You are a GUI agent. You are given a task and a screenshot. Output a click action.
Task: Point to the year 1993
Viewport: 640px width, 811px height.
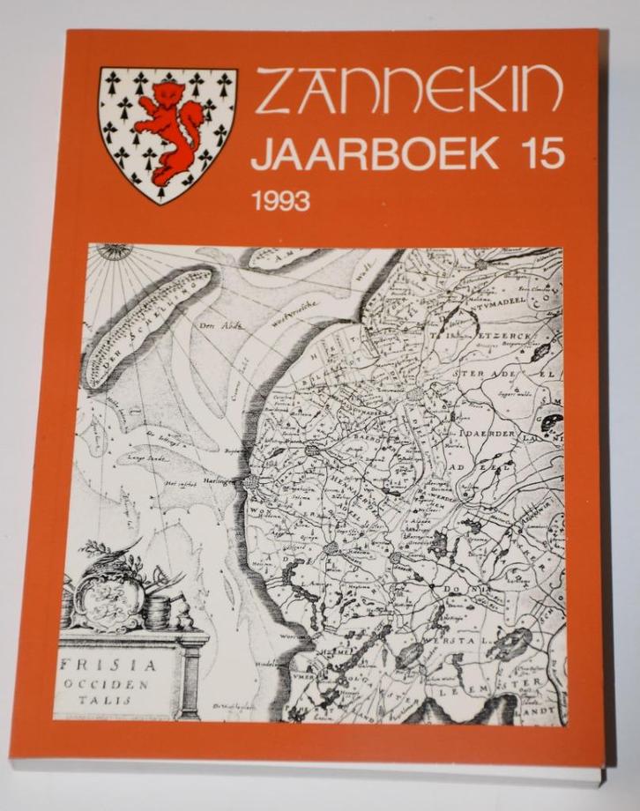(279, 201)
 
